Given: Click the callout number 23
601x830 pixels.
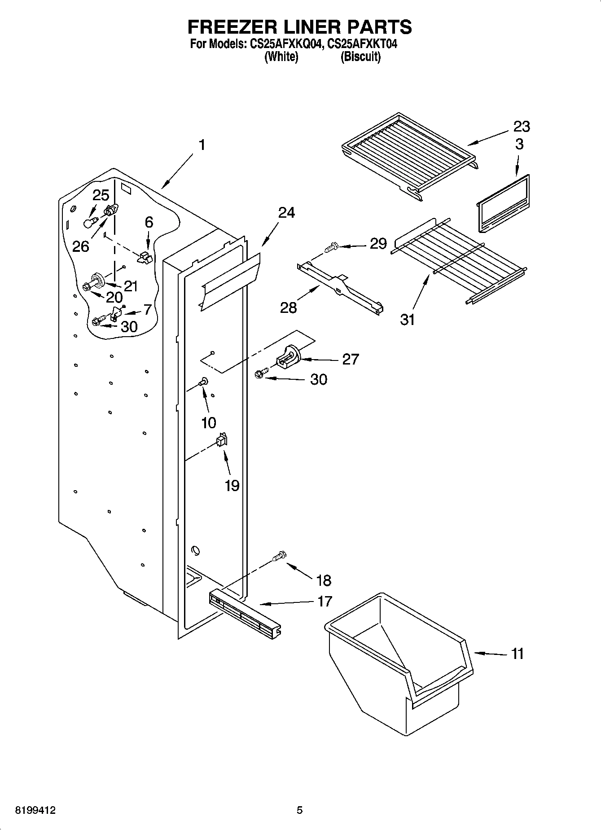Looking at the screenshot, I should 521,127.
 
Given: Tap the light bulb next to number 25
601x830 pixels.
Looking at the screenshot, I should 90,222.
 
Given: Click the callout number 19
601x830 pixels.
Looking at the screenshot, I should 232,485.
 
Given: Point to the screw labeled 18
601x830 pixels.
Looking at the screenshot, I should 280,557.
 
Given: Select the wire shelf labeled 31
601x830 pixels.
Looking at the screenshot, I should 458,263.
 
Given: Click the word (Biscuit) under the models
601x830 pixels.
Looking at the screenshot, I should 360,57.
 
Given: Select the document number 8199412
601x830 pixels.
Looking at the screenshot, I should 35,810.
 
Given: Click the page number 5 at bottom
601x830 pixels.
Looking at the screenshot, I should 299,810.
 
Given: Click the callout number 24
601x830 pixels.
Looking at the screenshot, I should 286,213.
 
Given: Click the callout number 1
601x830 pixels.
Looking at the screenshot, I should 202,145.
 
